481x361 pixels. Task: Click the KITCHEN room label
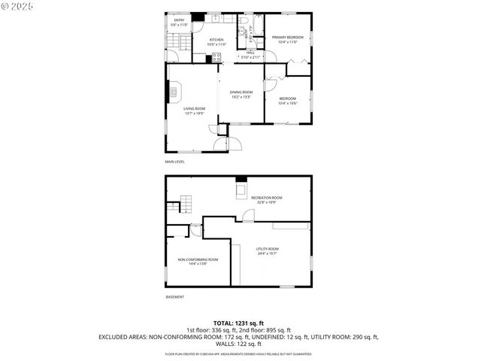point(216,40)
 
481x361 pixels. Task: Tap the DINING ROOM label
point(240,92)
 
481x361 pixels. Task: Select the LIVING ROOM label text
point(194,108)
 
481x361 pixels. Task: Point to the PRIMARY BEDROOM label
point(288,37)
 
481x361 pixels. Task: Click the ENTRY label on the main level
point(178,21)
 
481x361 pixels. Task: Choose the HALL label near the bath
point(250,52)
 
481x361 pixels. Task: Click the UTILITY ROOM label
point(267,249)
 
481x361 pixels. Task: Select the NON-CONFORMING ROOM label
point(198,259)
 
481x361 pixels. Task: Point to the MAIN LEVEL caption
point(175,162)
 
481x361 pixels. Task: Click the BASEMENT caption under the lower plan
point(174,297)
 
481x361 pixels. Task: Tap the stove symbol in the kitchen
point(216,56)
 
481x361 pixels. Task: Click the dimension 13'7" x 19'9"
point(194,114)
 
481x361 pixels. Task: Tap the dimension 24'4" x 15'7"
point(267,254)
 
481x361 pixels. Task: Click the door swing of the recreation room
point(249,217)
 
